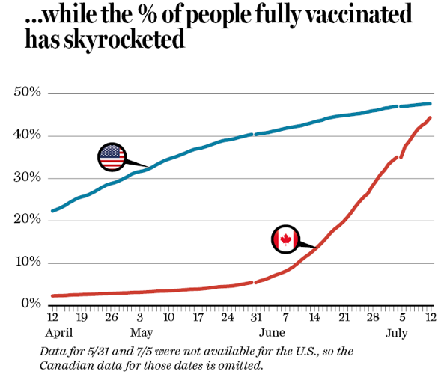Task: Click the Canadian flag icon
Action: pos(285,240)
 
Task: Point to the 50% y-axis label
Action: pos(27,93)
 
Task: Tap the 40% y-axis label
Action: pos(27,135)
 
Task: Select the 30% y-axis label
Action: pos(27,178)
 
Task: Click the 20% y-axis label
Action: pos(27,220)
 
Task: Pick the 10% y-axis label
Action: pos(27,263)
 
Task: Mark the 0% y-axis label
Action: pos(30,304)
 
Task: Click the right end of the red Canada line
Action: pos(430,117)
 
